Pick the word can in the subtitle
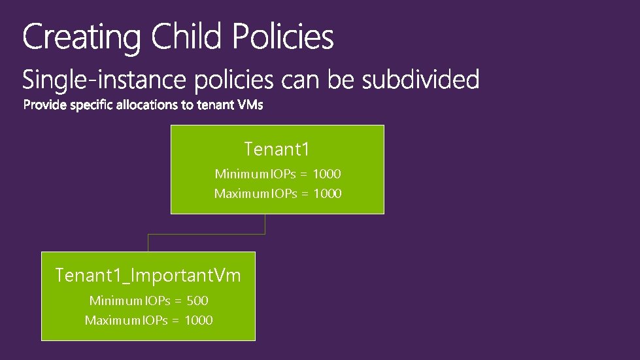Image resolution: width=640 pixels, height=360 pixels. point(301,80)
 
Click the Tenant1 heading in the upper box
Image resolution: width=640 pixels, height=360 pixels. point(277,150)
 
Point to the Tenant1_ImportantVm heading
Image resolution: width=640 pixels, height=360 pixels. point(148,276)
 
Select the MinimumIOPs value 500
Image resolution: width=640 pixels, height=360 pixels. point(197,301)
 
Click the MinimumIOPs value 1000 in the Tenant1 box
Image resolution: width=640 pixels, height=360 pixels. point(327,174)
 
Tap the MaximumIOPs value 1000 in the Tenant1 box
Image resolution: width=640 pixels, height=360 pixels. point(328,194)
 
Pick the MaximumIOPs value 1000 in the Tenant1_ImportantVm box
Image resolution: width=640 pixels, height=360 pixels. point(199,321)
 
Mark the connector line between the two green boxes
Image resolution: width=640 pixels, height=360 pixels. point(206,233)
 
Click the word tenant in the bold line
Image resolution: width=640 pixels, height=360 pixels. point(217,105)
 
